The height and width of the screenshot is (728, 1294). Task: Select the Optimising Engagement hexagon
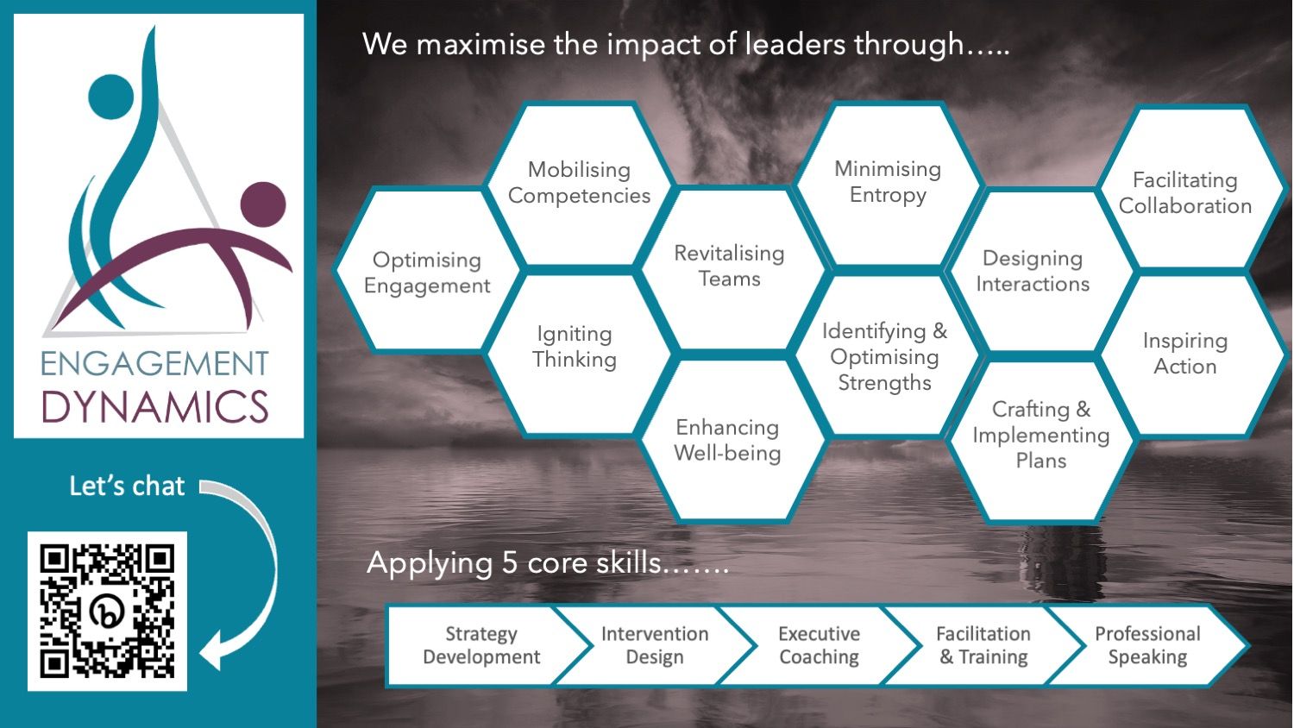(x=427, y=270)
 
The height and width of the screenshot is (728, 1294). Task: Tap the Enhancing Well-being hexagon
(x=728, y=440)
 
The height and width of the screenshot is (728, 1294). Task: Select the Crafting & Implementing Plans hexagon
(x=1041, y=440)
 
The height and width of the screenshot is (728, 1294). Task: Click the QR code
(x=108, y=611)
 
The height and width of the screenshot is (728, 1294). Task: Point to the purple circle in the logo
(x=263, y=204)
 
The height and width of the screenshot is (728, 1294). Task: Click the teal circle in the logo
(x=111, y=97)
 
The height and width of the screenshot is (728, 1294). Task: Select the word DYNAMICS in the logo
(x=155, y=406)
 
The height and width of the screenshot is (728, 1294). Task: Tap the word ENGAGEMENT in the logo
(x=154, y=363)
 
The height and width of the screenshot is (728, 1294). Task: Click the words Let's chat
(x=127, y=486)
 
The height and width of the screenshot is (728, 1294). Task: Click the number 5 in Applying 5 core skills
(x=509, y=562)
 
